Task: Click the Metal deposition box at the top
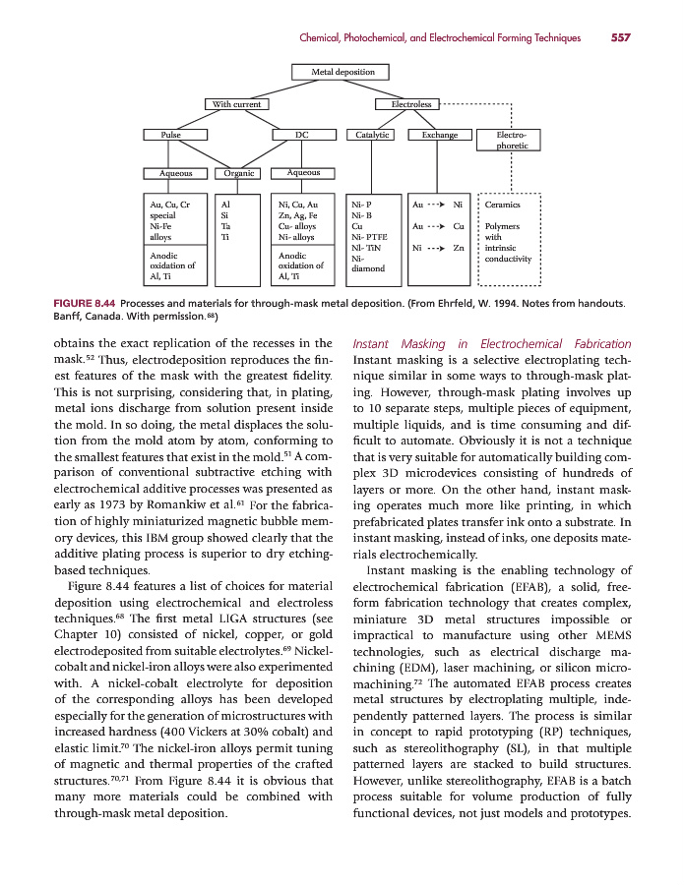pyautogui.click(x=342, y=72)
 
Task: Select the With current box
pyautogui.click(x=232, y=104)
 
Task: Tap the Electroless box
pyautogui.click(x=410, y=104)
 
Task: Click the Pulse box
pyautogui.click(x=162, y=135)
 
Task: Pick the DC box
pyautogui.click(x=302, y=135)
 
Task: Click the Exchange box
pyautogui.click(x=439, y=135)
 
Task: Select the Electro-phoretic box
pyautogui.click(x=512, y=140)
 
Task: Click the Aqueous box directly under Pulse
pyautogui.click(x=175, y=173)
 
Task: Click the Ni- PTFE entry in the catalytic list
pyautogui.click(x=370, y=237)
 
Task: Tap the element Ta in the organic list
pyautogui.click(x=226, y=226)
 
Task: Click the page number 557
pyautogui.click(x=620, y=38)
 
